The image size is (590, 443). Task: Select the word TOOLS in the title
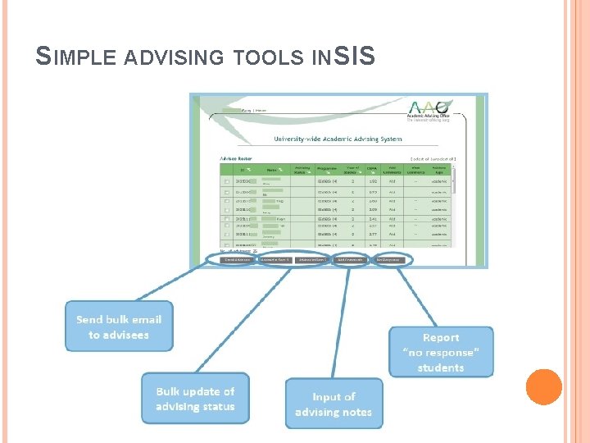coord(261,57)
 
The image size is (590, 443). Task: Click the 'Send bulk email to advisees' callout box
coord(119,327)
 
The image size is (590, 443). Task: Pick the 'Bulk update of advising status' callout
coord(195,399)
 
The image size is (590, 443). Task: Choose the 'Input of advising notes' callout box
coord(334,404)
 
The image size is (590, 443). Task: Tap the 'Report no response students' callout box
coord(441,352)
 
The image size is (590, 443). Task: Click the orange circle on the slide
coord(544,387)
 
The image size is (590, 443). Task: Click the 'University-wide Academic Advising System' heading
coord(338,139)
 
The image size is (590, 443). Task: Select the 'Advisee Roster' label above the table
coord(236,158)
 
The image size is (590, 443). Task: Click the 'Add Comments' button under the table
coord(351,259)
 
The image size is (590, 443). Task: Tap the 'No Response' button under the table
coord(390,259)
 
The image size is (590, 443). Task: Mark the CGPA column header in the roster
coord(371,170)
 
